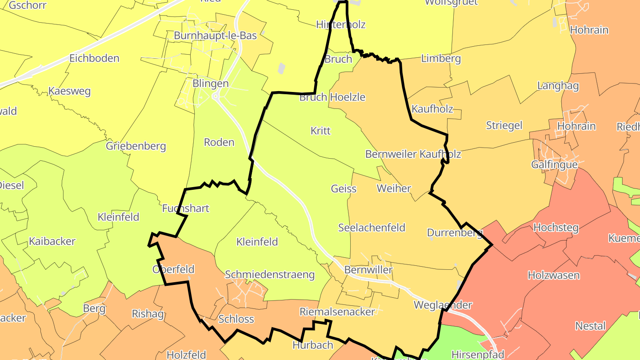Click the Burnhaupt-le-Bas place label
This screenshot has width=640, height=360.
click(x=215, y=36)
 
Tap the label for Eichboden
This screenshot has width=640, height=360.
click(x=94, y=58)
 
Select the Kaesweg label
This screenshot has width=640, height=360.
click(x=69, y=92)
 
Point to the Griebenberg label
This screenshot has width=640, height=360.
click(x=136, y=146)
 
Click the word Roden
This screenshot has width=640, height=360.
click(x=219, y=142)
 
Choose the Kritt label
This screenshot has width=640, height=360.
click(x=320, y=131)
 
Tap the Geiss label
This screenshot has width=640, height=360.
click(x=344, y=188)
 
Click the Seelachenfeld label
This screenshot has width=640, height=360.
click(x=372, y=228)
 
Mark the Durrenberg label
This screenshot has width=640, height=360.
click(x=455, y=232)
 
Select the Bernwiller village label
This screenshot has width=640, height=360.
click(x=368, y=270)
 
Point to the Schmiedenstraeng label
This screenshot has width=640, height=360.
click(x=270, y=275)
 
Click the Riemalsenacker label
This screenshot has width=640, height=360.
click(x=337, y=312)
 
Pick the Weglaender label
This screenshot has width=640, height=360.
click(x=442, y=305)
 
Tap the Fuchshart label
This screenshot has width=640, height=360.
click(x=185, y=208)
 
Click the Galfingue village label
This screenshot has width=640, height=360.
click(x=554, y=164)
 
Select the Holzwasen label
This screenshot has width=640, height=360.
click(x=553, y=275)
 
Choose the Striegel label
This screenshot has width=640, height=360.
click(x=504, y=125)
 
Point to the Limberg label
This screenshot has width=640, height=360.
click(x=441, y=59)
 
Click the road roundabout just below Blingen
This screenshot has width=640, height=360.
click(x=216, y=96)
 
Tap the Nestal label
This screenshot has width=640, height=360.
click(x=590, y=326)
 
